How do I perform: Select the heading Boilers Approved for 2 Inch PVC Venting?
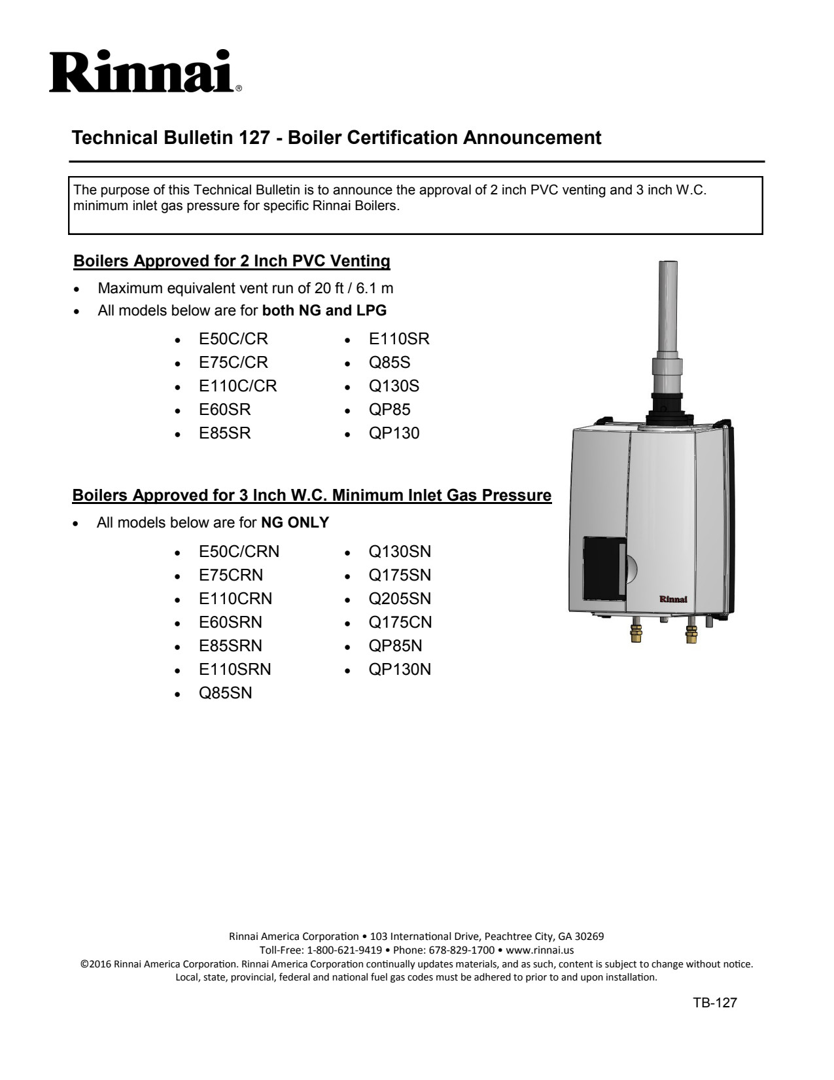coord(232,261)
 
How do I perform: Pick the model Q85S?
coord(390,363)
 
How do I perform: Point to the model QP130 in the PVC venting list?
coord(394,433)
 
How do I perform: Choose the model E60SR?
coord(224,410)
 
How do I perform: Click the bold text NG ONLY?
coord(295,523)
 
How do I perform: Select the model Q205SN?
coord(400,599)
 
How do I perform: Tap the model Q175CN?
coord(400,622)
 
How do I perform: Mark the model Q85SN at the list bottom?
coord(225,693)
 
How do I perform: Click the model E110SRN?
coord(235,670)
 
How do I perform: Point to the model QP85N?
coord(395,646)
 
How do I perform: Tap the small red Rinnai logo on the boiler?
coord(672,599)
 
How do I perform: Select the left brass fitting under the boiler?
coord(635,633)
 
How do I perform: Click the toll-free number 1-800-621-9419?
coord(344,950)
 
